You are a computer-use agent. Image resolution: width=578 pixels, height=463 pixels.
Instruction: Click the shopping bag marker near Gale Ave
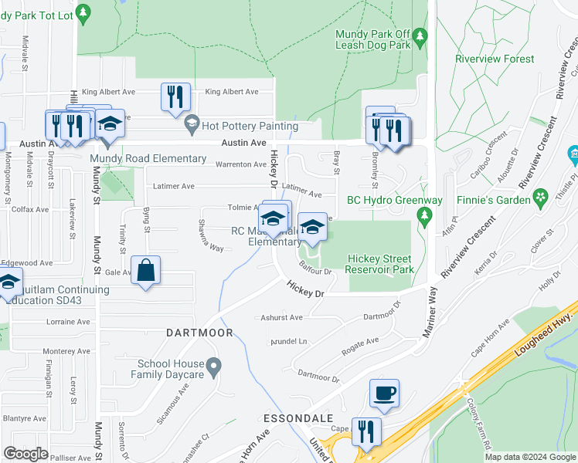[145, 272]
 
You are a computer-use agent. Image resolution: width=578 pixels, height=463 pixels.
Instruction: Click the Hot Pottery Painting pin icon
[191, 123]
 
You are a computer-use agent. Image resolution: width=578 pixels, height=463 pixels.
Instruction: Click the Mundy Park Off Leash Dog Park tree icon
[420, 36]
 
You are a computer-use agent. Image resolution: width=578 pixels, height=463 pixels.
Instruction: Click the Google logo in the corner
[25, 454]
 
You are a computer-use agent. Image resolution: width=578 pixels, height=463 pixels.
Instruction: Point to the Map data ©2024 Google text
[530, 457]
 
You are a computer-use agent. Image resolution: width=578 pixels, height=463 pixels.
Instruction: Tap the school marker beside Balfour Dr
[312, 228]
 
